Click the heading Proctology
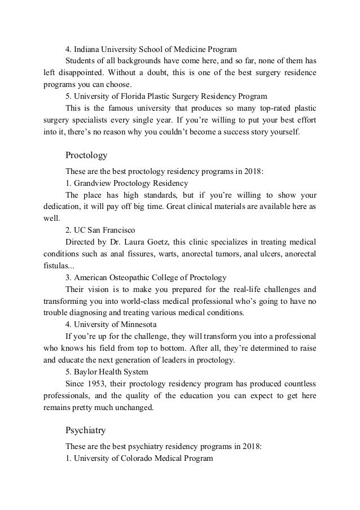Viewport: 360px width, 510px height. point(86,154)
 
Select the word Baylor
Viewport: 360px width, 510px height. point(85,372)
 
